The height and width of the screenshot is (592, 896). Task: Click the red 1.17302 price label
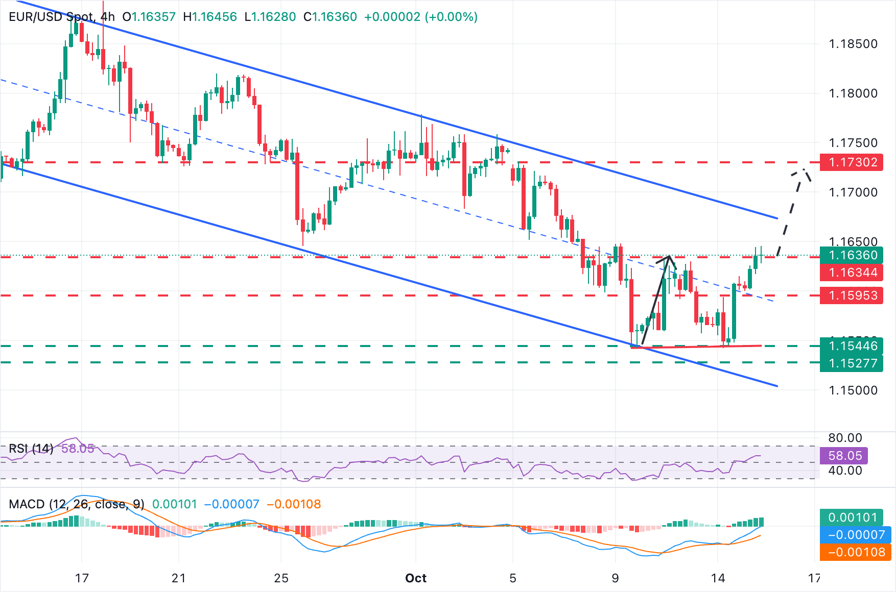pos(852,162)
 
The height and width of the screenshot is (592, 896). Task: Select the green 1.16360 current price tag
pos(852,255)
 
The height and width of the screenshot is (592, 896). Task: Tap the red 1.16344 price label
pos(852,273)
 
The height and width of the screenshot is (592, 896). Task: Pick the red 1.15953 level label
pos(852,295)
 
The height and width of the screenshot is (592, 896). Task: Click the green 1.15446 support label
pos(852,346)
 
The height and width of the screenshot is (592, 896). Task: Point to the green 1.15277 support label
pos(852,363)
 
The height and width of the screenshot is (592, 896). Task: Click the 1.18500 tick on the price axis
pos(853,44)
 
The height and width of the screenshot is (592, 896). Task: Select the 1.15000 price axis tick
pos(853,390)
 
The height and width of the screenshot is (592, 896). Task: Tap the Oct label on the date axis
pos(415,578)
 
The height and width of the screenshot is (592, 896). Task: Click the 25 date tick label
pos(281,578)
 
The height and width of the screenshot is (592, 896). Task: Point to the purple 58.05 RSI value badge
pos(844,456)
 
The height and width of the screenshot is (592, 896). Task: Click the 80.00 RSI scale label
pos(845,438)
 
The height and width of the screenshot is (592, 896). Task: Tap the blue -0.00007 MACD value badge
pos(856,535)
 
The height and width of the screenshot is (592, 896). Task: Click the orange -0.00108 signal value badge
pos(856,552)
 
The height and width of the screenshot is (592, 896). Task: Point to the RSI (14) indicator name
pos(31,449)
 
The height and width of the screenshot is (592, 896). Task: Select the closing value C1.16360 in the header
pos(330,17)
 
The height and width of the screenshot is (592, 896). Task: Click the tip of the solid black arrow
pos(669,256)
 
